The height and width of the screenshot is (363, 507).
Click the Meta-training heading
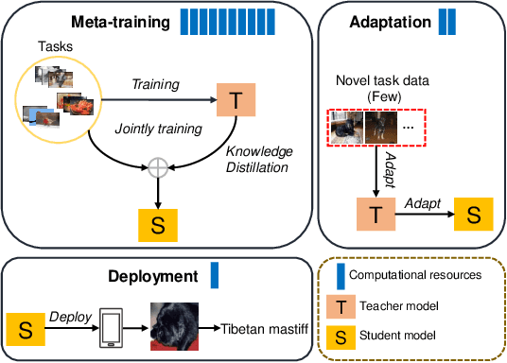[123, 19]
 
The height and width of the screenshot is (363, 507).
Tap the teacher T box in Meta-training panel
[235, 98]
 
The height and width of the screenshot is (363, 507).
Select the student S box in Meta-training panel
[159, 223]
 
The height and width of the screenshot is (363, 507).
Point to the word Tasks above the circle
[54, 47]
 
